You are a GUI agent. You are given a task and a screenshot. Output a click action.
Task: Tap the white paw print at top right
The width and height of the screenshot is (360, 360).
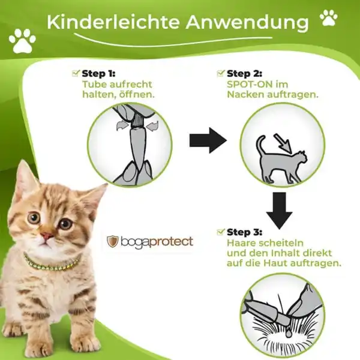[328, 17]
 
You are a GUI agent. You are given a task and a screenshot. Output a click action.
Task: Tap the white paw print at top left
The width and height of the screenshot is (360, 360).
[22, 40]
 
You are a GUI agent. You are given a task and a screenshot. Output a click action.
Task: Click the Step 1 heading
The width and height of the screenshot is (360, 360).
[98, 73]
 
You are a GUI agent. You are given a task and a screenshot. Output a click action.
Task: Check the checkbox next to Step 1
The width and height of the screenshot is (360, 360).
[76, 73]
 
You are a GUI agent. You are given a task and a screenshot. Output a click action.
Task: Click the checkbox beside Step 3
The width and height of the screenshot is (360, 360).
[220, 231]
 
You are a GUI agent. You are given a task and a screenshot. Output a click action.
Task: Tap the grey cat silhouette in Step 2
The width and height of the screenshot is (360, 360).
[279, 159]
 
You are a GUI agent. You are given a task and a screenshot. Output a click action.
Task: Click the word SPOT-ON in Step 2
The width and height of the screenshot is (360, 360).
[244, 84]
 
